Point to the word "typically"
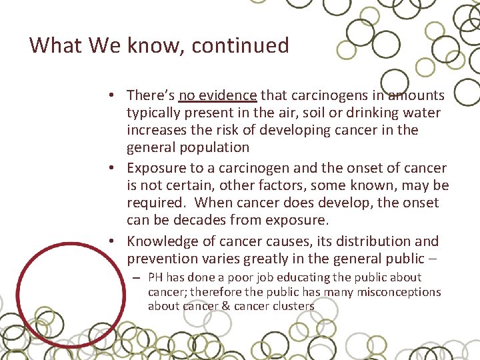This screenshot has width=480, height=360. point(155,113)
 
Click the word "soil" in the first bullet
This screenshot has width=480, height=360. point(315,113)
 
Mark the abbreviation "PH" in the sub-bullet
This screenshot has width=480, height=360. point(155,277)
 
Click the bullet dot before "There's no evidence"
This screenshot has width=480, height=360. point(116,96)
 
